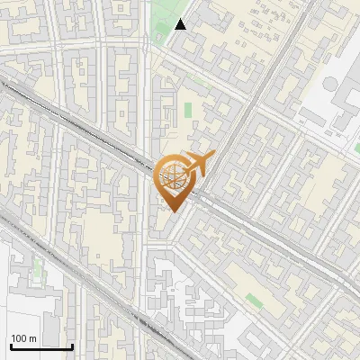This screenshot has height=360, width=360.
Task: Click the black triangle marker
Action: (x=181, y=24)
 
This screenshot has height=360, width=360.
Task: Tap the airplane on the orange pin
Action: (x=201, y=163)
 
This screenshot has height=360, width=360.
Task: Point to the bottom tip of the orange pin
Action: (x=173, y=212)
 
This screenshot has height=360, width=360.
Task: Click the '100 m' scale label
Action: (x=24, y=338)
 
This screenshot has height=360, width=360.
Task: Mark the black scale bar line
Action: (x=41, y=347)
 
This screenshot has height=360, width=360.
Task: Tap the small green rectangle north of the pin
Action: (x=189, y=111)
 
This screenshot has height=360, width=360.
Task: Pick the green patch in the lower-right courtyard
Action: (x=255, y=302)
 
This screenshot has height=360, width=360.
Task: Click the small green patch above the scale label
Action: (x=38, y=266)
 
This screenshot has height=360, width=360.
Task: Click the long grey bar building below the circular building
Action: (x=337, y=126)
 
